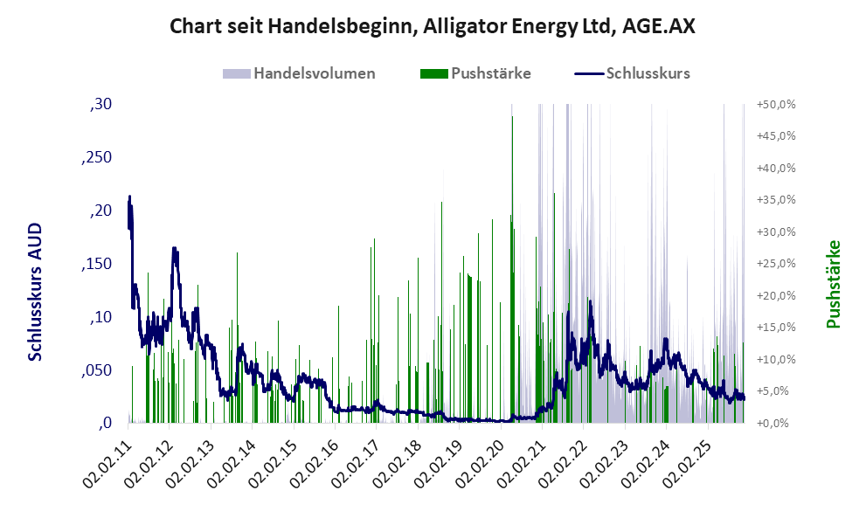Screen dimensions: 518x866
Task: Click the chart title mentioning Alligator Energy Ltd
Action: coord(433,26)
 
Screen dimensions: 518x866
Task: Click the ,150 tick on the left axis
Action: coord(97,264)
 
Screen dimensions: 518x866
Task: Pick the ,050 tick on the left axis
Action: coord(97,370)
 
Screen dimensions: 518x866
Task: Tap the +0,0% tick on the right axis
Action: coord(777,424)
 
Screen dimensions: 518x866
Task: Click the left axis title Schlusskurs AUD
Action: coord(36,292)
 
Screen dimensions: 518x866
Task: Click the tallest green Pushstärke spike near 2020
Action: coord(512,117)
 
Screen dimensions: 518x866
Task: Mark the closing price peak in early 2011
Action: coord(129,197)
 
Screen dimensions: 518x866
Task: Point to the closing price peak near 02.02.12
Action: coord(175,249)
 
